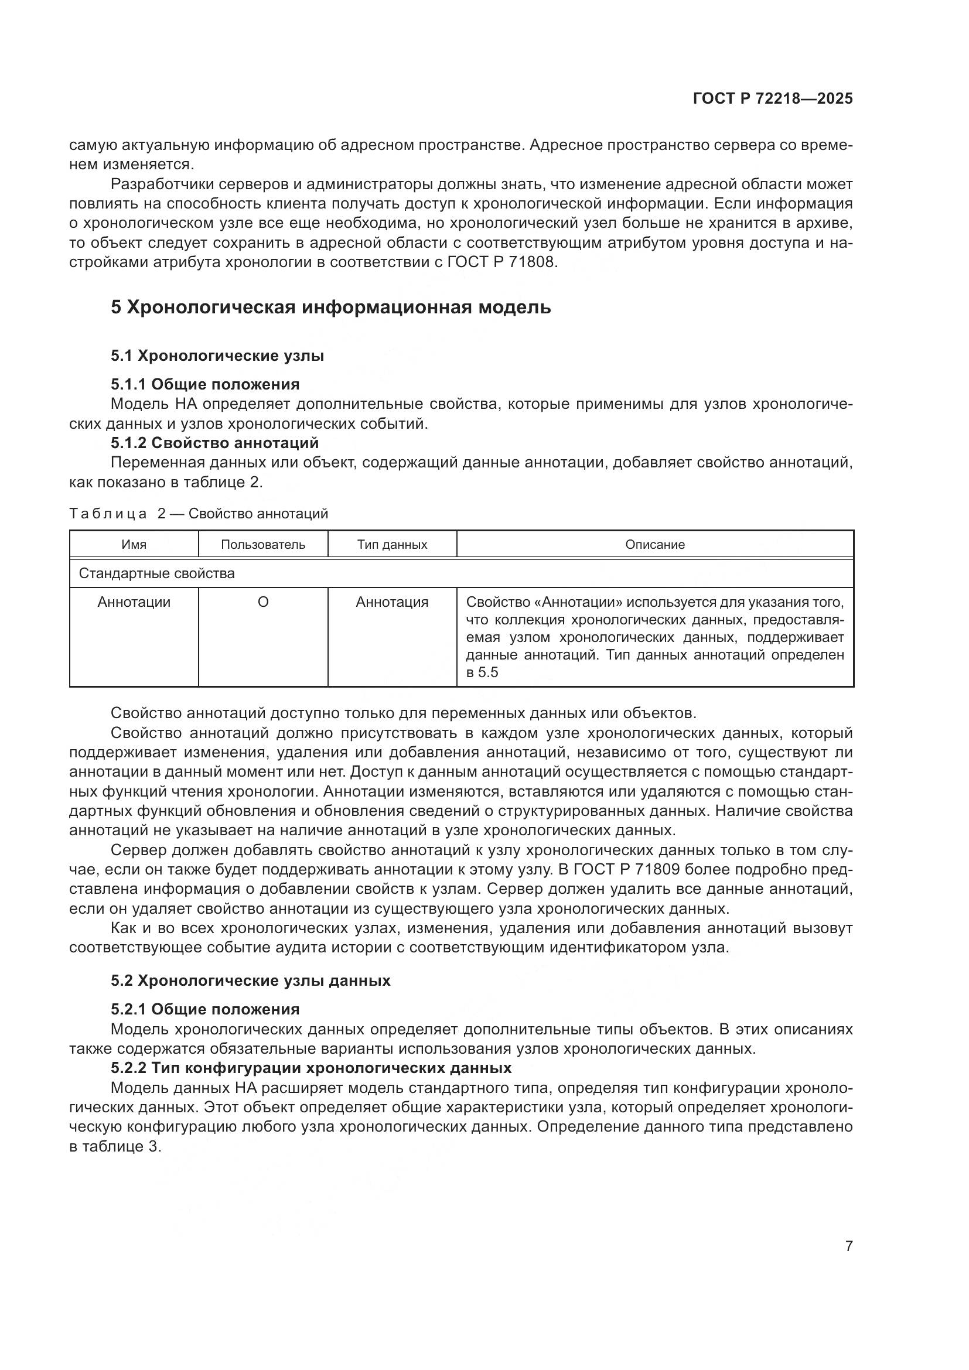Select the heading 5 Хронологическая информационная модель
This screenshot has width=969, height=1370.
[330, 308]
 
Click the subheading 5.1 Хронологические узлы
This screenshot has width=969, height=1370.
[217, 356]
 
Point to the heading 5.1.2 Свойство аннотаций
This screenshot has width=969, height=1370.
[215, 443]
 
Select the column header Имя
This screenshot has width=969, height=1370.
[134, 545]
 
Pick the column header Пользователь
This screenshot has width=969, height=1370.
[262, 545]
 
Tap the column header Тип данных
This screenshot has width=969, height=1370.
[392, 545]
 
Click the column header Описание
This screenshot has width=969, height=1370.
[654, 545]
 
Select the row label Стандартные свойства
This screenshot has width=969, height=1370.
[156, 573]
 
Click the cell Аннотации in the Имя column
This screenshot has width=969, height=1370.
[134, 602]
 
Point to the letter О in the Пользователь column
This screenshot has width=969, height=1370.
[262, 602]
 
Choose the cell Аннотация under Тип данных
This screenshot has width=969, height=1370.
[392, 602]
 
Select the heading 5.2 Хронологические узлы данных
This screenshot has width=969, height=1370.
[250, 981]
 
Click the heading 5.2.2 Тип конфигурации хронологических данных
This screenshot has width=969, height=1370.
[311, 1068]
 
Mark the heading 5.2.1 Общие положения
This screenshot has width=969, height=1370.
[204, 1010]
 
